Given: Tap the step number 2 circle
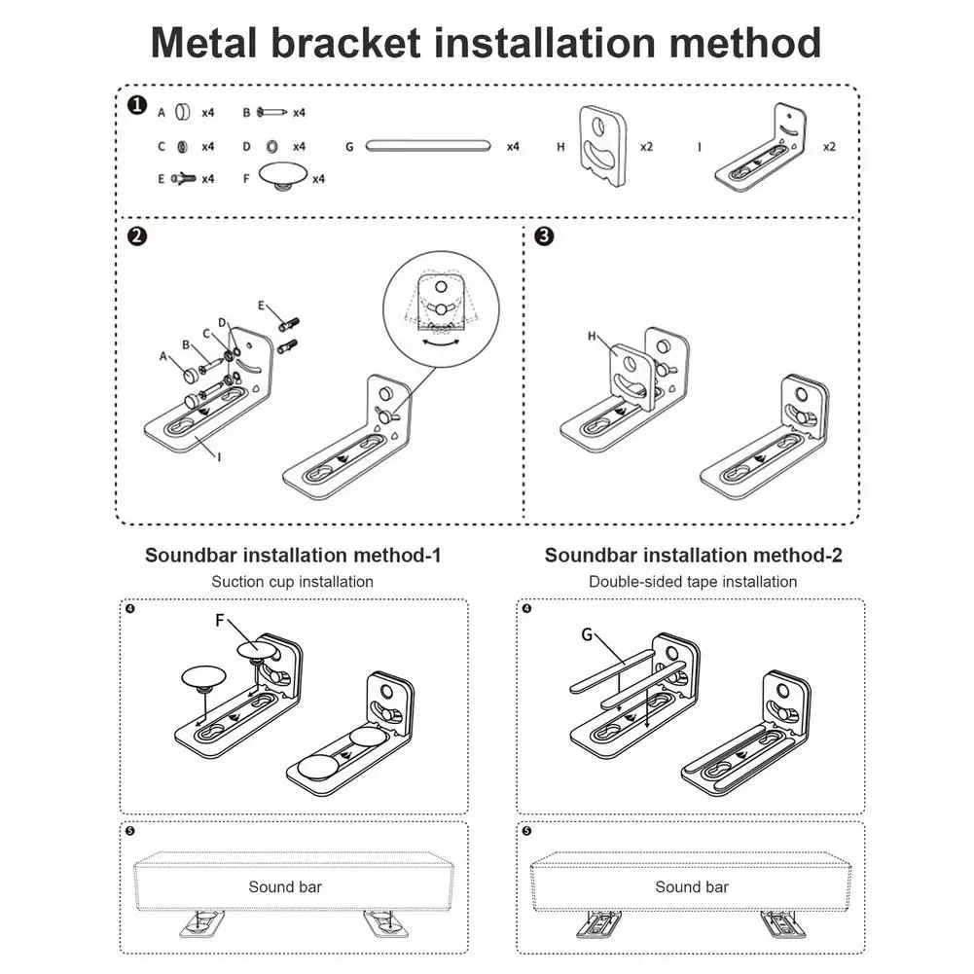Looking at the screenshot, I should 137,236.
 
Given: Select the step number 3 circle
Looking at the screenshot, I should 545,236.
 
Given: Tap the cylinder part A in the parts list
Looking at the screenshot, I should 182,112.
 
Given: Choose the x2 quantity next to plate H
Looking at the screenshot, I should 646,146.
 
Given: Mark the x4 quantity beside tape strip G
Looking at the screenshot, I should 513,146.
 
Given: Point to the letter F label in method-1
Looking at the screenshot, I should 221,619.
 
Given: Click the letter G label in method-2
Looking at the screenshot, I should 587,634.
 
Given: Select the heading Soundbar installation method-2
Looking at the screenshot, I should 693,556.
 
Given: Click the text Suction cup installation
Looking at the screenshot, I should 292,582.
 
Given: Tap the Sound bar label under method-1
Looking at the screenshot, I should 285,886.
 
